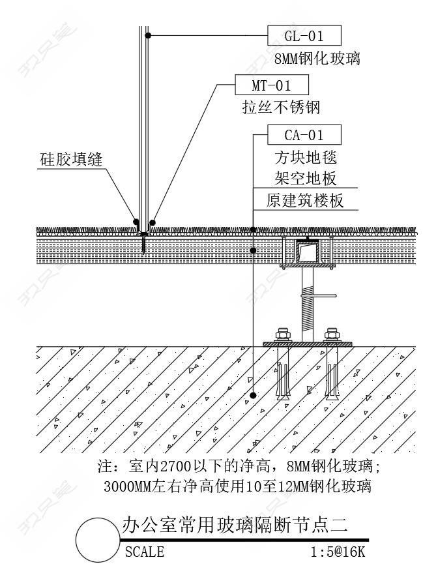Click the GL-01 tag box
(x=304, y=35)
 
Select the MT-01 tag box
(x=271, y=85)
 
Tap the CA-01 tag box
(x=304, y=135)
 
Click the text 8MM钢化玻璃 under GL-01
(x=317, y=59)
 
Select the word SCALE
(x=144, y=552)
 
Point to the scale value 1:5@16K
(x=338, y=552)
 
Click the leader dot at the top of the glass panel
(x=149, y=35)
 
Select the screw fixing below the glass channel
(x=143, y=244)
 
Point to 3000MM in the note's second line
(x=127, y=486)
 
